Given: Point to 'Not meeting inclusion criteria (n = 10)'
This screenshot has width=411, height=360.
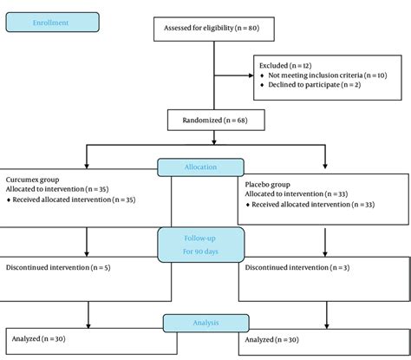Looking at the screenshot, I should coord(324,76).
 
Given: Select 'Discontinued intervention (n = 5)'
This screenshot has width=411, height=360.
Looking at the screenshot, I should coord(57,266).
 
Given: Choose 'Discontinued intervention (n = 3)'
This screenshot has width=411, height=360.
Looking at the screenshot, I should coord(297,267).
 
